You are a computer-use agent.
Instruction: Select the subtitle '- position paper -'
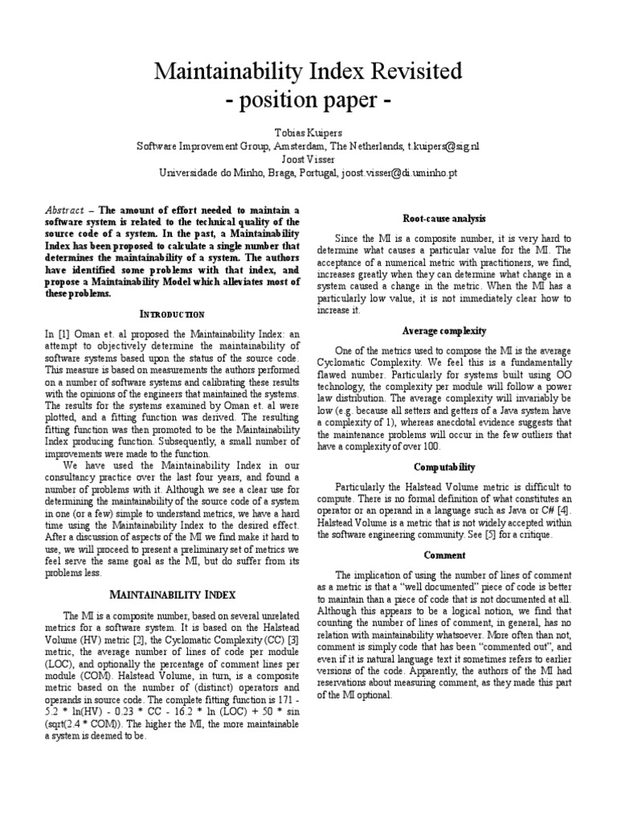coord(308,102)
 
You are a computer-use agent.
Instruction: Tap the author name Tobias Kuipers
coord(308,133)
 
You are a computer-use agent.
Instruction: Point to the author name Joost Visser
coord(308,159)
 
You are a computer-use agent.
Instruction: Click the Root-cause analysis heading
coord(443,219)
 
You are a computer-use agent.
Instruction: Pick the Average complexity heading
coord(443,330)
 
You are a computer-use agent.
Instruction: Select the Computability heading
coord(443,467)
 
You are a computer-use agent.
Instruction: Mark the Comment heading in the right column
coord(443,555)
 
